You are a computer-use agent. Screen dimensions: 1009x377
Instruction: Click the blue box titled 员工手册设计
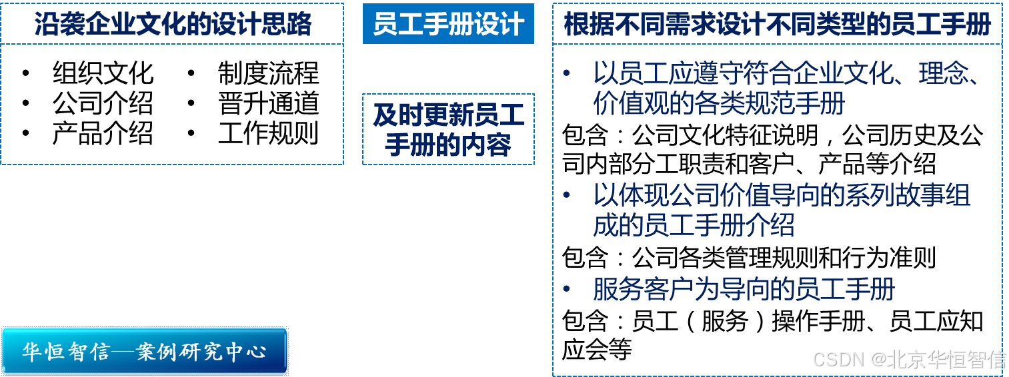(x=448, y=25)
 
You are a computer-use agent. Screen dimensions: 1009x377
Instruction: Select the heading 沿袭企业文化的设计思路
(x=173, y=25)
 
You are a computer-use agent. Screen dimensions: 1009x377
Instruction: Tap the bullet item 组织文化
(x=103, y=73)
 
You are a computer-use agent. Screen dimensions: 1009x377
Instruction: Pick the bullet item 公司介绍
(x=103, y=103)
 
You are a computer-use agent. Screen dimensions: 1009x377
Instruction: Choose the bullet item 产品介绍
(x=103, y=133)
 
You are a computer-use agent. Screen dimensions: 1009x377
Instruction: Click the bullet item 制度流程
(x=268, y=73)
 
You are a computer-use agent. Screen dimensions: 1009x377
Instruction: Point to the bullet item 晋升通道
(x=268, y=103)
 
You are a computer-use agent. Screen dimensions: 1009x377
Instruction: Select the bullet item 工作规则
(x=268, y=133)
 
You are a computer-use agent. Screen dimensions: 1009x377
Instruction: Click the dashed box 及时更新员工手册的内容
(x=448, y=130)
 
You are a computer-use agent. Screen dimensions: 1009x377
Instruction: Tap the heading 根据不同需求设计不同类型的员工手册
(x=777, y=25)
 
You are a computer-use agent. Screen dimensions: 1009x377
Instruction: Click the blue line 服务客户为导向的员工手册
(x=743, y=290)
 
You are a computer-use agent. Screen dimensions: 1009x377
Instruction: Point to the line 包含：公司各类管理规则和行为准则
(x=749, y=258)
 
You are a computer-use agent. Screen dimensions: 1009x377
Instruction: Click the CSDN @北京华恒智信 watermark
(x=908, y=359)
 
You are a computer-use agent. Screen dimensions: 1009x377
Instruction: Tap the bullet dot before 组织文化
(x=26, y=73)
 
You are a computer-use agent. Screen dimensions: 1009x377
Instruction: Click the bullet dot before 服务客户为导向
(x=567, y=290)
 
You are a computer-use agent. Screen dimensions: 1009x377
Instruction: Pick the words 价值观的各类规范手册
(x=719, y=104)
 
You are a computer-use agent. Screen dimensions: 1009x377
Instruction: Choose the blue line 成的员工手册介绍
(x=694, y=225)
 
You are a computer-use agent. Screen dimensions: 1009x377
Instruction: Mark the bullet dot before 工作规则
(x=191, y=133)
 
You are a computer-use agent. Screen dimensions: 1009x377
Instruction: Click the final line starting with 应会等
(x=597, y=350)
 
